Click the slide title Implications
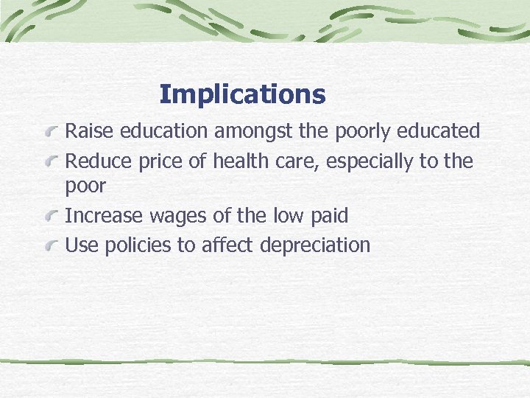(x=242, y=94)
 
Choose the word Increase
(x=104, y=217)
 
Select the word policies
(x=138, y=245)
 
